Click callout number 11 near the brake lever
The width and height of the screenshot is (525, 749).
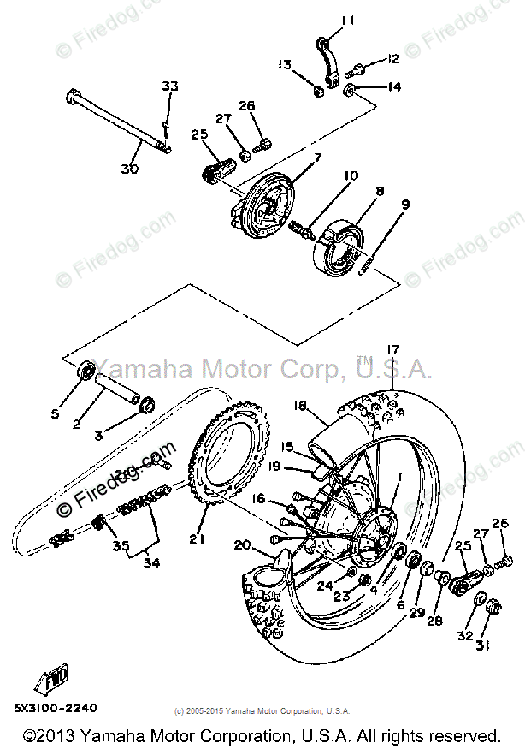(x=323, y=21)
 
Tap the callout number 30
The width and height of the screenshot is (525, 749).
(x=129, y=169)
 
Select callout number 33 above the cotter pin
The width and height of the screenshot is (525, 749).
(x=169, y=86)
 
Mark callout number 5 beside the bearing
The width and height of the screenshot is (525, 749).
(x=55, y=414)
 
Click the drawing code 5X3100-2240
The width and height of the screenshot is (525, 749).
(x=56, y=707)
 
